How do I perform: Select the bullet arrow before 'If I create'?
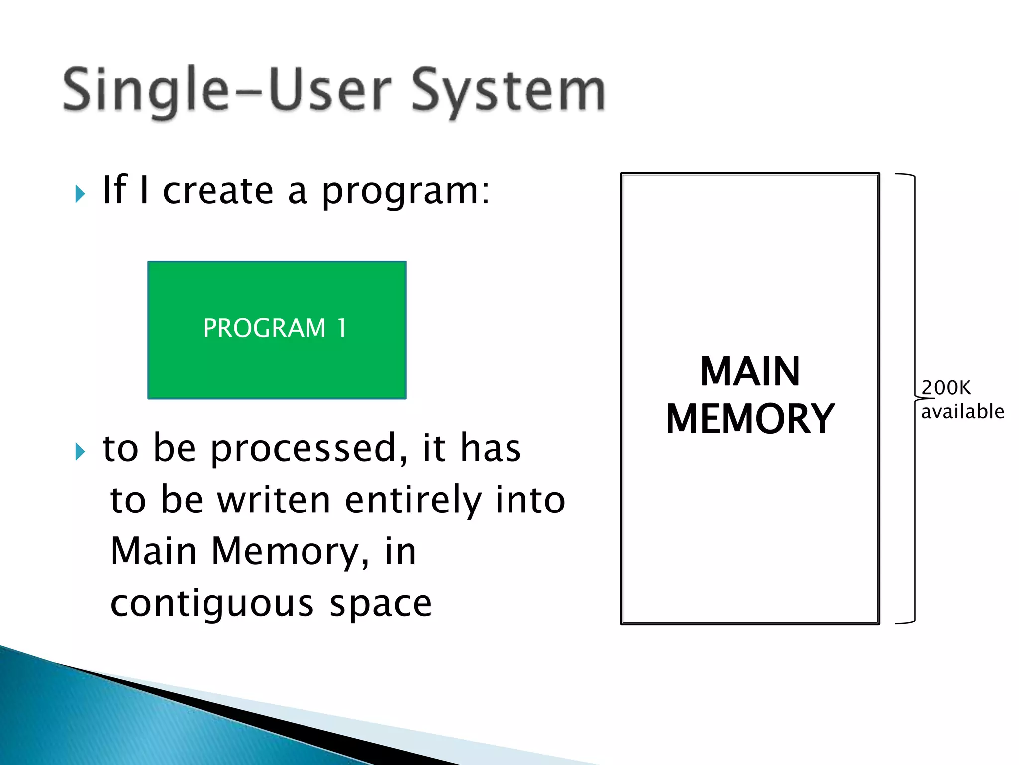(80, 194)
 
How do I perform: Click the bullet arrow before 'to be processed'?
(80, 451)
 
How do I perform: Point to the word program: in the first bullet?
(406, 192)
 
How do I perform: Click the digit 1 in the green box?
(341, 328)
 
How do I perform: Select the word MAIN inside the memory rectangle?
(749, 372)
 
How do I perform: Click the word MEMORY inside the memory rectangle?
(749, 419)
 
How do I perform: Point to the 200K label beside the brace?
(946, 387)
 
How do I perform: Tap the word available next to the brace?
(962, 412)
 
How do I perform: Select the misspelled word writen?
(274, 500)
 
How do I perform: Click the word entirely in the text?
(413, 501)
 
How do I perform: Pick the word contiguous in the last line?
(212, 605)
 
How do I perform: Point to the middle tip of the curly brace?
(917, 398)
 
